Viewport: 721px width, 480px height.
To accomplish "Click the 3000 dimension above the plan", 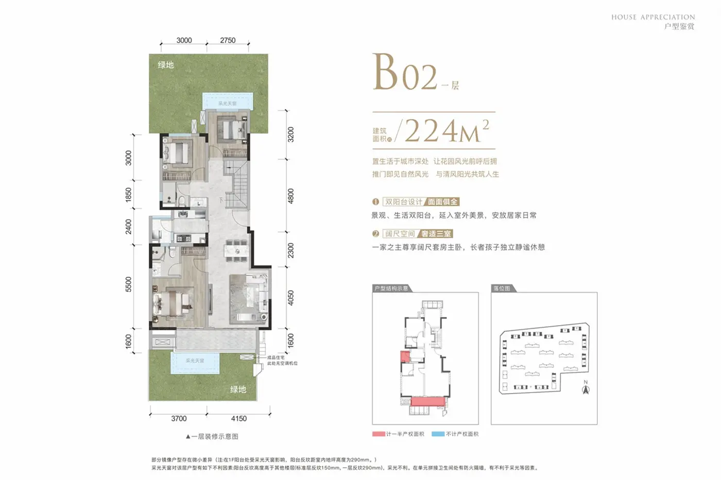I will click(x=184, y=40).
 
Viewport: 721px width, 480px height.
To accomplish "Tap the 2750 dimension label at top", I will click(x=228, y=40).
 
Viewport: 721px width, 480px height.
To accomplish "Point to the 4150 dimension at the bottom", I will click(x=238, y=418).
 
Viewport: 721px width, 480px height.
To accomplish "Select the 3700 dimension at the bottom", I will click(x=179, y=418).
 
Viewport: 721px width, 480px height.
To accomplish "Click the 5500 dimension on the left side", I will click(x=129, y=285).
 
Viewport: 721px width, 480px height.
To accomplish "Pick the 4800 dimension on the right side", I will click(x=291, y=196).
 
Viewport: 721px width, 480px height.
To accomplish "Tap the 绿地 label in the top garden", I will click(x=166, y=65).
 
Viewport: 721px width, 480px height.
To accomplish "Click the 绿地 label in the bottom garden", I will click(x=238, y=389).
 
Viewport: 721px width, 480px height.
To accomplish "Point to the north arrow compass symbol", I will click(x=586, y=388).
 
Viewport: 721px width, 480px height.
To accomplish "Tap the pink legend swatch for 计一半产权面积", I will click(x=379, y=434).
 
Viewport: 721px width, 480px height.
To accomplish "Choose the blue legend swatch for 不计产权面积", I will click(x=438, y=434).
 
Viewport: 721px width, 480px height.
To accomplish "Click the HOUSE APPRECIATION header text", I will click(x=653, y=17).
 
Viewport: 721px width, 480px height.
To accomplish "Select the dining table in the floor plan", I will click(x=236, y=248).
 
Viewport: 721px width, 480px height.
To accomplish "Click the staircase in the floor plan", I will click(x=239, y=183).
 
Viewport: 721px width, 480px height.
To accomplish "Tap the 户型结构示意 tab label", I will click(x=391, y=288).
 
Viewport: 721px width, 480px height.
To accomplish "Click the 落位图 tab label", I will click(x=502, y=288).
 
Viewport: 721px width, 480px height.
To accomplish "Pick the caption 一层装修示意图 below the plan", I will click(x=212, y=436).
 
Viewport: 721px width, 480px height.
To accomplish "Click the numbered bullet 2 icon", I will click(x=376, y=234).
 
